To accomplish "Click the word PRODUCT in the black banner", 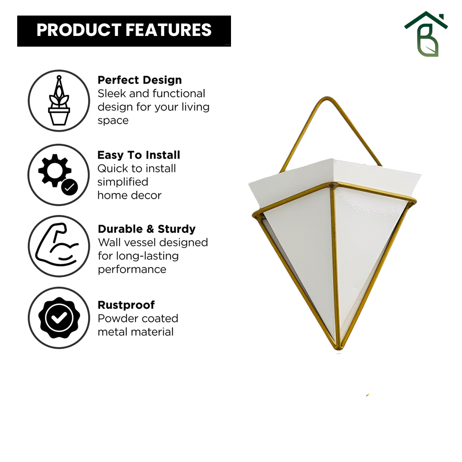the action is (79, 30).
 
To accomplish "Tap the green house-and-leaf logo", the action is (426, 34).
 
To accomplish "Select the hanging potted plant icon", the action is (59, 101).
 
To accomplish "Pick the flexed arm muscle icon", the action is (56, 245).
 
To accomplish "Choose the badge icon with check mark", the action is (59, 317).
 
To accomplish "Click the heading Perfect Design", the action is (139, 80).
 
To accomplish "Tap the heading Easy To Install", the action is (139, 155).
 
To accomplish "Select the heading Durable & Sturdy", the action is (147, 229).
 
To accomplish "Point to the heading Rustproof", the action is (126, 305).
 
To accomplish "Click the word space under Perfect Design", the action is (113, 121).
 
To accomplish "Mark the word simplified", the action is (123, 182).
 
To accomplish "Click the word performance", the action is (132, 269).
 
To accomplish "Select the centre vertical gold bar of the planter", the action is (335, 265).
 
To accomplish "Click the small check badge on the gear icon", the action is (70, 187).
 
